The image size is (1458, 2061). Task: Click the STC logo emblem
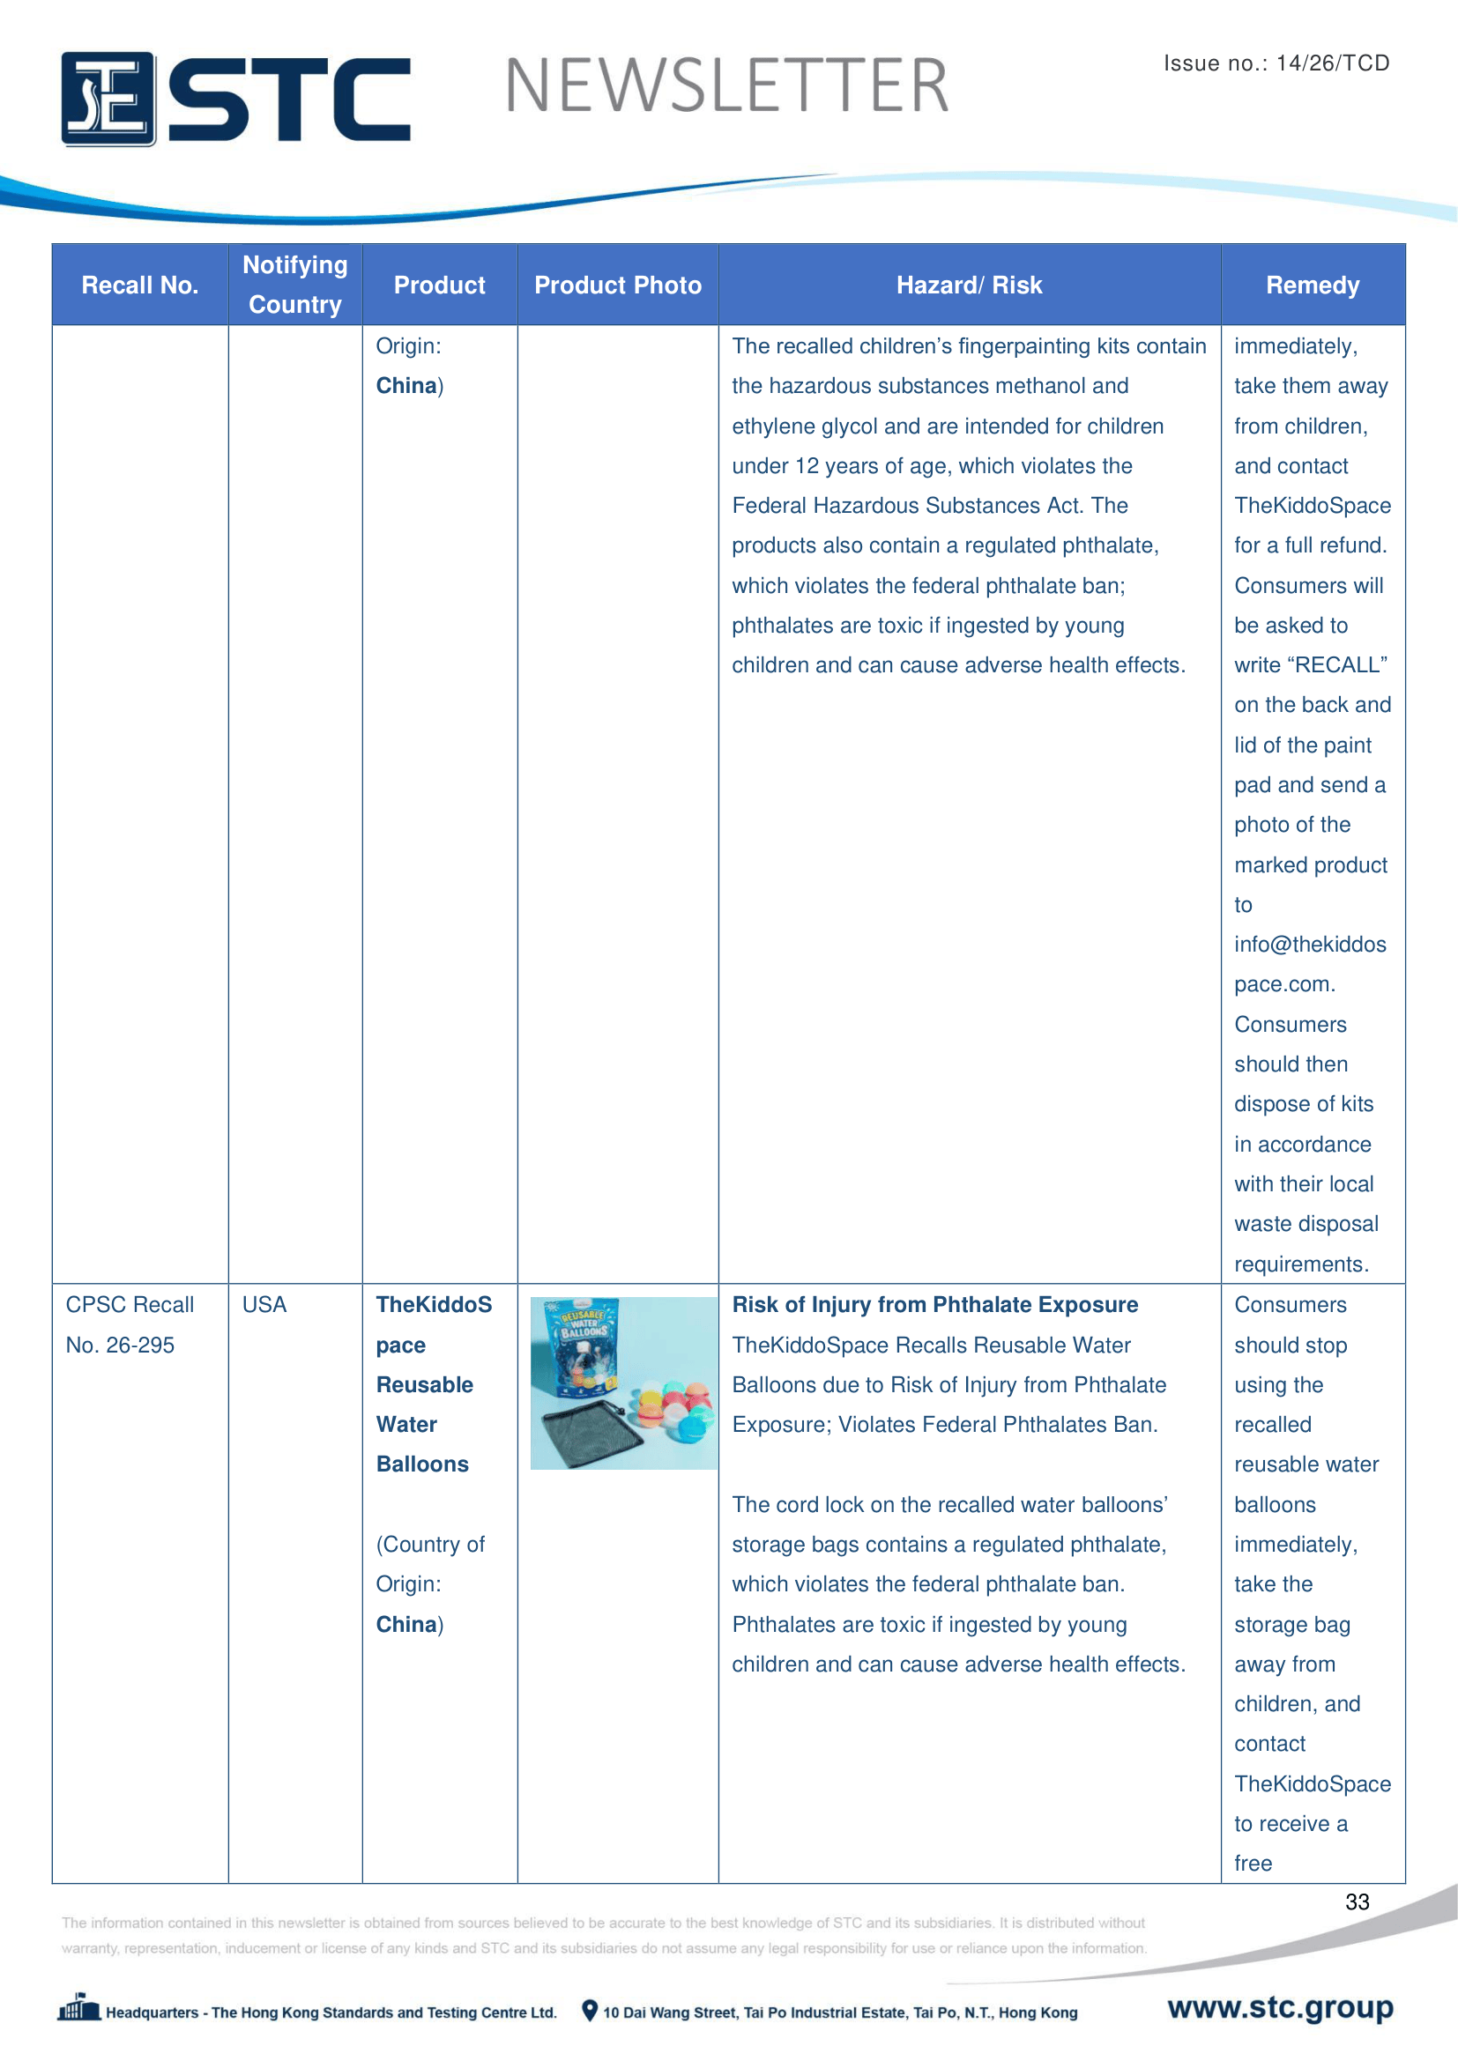108,99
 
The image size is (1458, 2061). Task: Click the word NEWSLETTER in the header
726,86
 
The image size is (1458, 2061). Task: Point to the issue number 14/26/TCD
1332,63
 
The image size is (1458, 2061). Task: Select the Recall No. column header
139,285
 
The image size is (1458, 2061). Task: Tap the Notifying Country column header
294,285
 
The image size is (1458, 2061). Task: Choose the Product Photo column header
618,285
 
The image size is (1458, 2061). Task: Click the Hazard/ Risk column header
969,285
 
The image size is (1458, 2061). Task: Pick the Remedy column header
1312,285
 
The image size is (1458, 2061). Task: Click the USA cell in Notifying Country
264,1304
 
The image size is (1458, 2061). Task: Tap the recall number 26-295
140,1345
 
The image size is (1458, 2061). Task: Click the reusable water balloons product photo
623,1383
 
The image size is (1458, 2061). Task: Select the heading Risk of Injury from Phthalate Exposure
934,1304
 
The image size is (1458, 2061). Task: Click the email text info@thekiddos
1309,945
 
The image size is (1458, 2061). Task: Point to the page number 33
1357,1902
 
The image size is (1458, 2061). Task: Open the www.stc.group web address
1279,2007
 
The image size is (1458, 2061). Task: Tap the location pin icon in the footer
589,2011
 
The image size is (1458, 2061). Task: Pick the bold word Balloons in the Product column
422,1464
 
